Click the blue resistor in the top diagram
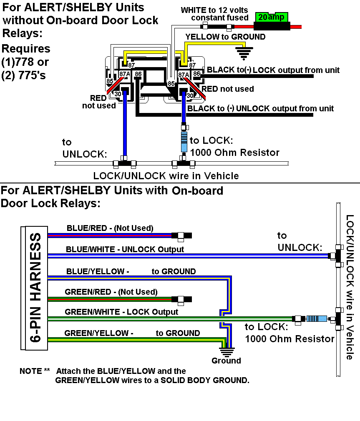coord(184,142)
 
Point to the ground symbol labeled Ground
coord(227,351)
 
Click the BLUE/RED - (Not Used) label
coord(110,228)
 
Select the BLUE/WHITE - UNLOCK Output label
coord(125,249)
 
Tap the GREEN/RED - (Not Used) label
coord(111,292)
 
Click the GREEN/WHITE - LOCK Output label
coord(121,312)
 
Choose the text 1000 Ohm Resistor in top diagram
coord(234,153)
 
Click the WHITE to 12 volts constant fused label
coord(214,13)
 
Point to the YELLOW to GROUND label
coord(225,37)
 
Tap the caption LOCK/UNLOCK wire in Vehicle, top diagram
coord(166,175)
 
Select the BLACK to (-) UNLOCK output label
coord(260,108)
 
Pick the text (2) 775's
coord(25,76)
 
